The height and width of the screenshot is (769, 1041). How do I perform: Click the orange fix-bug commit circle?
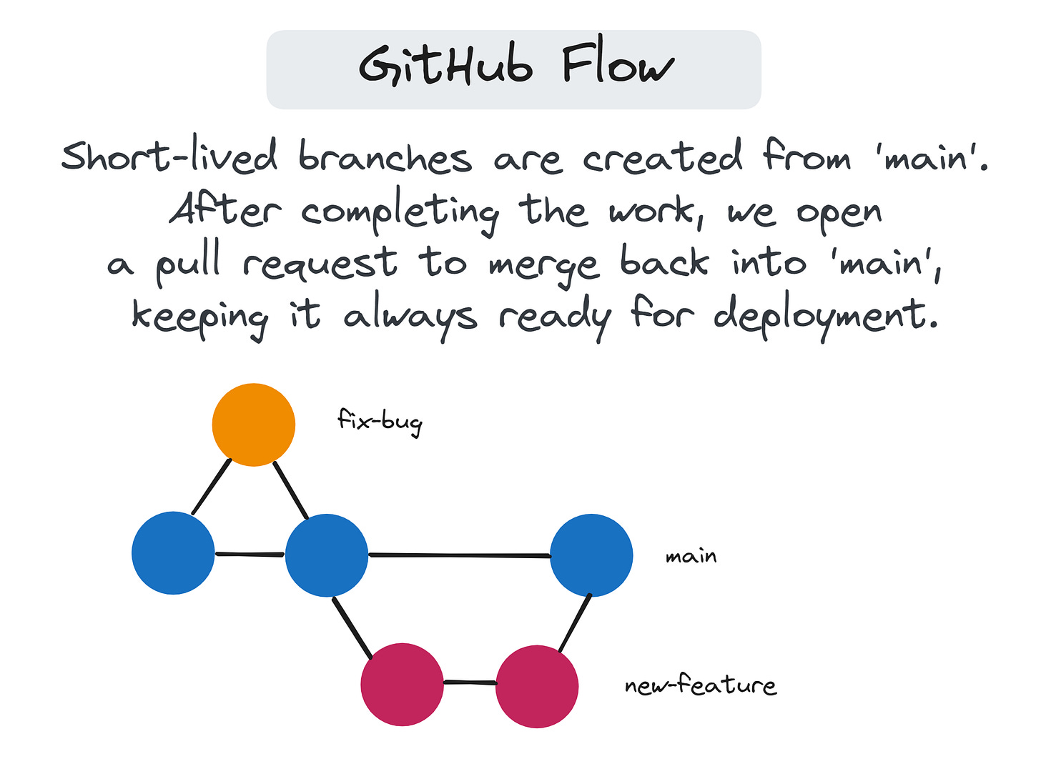pyautogui.click(x=254, y=425)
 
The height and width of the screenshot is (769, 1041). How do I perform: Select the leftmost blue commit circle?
pyautogui.click(x=173, y=552)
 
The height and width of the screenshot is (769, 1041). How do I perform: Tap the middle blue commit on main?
pyautogui.click(x=326, y=555)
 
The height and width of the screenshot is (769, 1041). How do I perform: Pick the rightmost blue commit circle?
pyautogui.click(x=591, y=555)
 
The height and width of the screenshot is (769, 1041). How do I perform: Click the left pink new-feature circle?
pyautogui.click(x=402, y=685)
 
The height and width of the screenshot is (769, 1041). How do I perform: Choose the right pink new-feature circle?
pyautogui.click(x=536, y=686)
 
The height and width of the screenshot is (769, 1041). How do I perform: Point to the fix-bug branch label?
pyautogui.click(x=380, y=420)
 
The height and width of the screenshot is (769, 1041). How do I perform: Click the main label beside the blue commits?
pyautogui.click(x=691, y=556)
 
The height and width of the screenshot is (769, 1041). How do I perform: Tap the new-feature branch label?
pyautogui.click(x=700, y=685)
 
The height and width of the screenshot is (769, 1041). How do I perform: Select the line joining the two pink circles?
pyautogui.click(x=469, y=683)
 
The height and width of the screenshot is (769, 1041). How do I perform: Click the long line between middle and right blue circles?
pyautogui.click(x=459, y=555)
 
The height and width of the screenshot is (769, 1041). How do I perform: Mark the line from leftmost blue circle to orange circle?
pyautogui.click(x=212, y=487)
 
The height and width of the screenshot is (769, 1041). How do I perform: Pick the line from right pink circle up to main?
pyautogui.click(x=575, y=622)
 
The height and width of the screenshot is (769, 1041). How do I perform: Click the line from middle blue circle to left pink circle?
pyautogui.click(x=352, y=627)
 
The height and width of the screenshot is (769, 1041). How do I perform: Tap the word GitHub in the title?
pyautogui.click(x=445, y=66)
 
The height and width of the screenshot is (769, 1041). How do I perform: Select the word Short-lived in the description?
pyautogui.click(x=169, y=156)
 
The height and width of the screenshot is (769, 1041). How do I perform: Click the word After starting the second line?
pyautogui.click(x=225, y=210)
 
